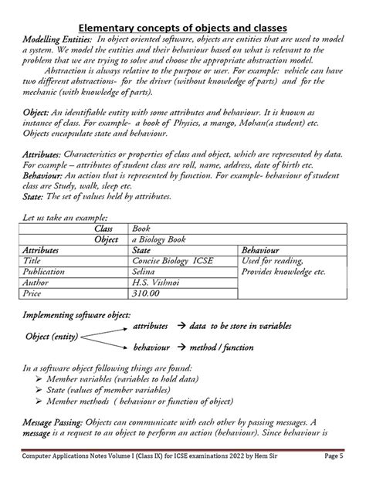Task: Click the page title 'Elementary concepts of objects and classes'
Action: coord(183,28)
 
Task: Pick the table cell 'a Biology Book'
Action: coord(164,240)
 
